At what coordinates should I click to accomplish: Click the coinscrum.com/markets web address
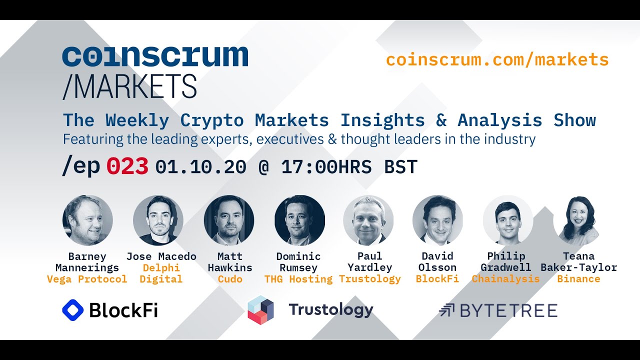coord(497,60)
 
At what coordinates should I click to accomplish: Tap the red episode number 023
coord(127,167)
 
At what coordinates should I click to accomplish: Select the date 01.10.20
coord(200,167)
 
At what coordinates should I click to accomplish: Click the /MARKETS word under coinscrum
coord(129,86)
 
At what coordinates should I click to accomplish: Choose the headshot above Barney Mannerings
coord(87,220)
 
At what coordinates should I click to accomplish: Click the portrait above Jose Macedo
coord(158,220)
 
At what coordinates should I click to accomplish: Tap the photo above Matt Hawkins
coord(229,220)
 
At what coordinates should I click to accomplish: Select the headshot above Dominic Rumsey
coord(299,220)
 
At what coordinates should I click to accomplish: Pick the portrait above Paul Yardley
coord(368,220)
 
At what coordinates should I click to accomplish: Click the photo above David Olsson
coord(437,220)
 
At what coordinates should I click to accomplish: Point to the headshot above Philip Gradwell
coord(508,220)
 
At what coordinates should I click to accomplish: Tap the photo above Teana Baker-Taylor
coord(578,220)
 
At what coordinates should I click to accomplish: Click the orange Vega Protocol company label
coord(87,279)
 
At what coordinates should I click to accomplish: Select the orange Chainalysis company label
coord(505,279)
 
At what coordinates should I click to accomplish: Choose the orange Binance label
coord(578,279)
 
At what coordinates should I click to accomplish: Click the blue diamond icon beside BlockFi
coord(72,310)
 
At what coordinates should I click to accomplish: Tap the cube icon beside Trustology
coord(260,310)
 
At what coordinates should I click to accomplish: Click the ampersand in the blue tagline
coord(441,120)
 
